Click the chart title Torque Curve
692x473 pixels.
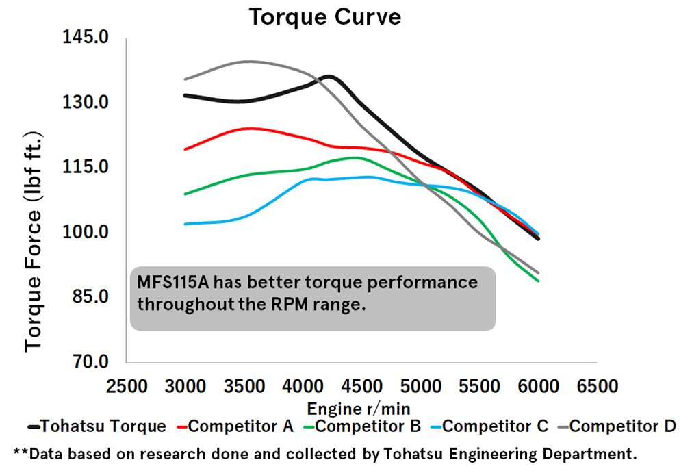[324, 17]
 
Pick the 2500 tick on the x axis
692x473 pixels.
[126, 386]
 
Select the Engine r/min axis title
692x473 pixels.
[359, 409]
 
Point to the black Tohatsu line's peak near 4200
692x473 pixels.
[329, 76]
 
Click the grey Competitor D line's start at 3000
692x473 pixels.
[185, 79]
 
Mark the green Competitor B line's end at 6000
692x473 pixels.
[539, 281]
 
